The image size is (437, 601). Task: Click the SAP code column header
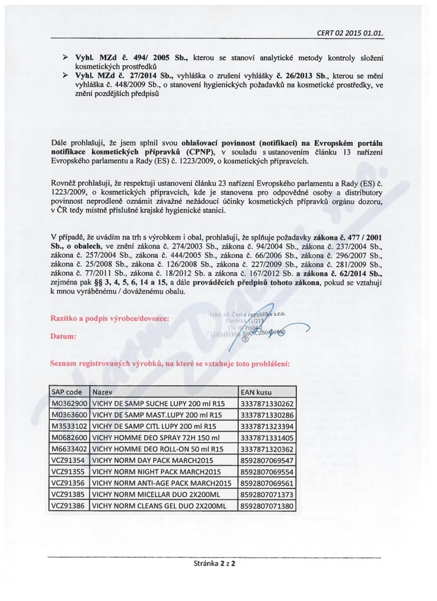67,392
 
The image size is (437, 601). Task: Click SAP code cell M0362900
69,404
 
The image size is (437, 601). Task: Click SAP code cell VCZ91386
68,506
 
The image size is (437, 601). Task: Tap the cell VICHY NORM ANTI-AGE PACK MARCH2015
162,483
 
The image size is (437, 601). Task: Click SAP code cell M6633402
69,449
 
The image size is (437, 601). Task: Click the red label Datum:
62,337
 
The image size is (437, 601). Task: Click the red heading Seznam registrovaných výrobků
169,363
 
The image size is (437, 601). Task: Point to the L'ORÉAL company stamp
246,323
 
